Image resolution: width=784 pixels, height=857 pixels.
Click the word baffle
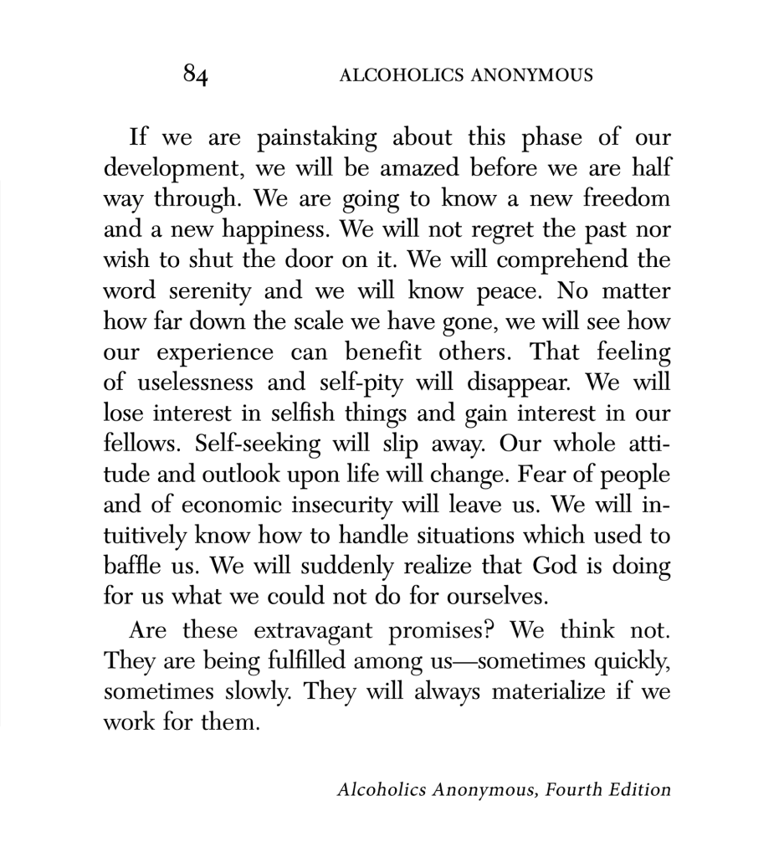coord(131,567)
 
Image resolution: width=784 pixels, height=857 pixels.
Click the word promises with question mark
coord(453,629)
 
